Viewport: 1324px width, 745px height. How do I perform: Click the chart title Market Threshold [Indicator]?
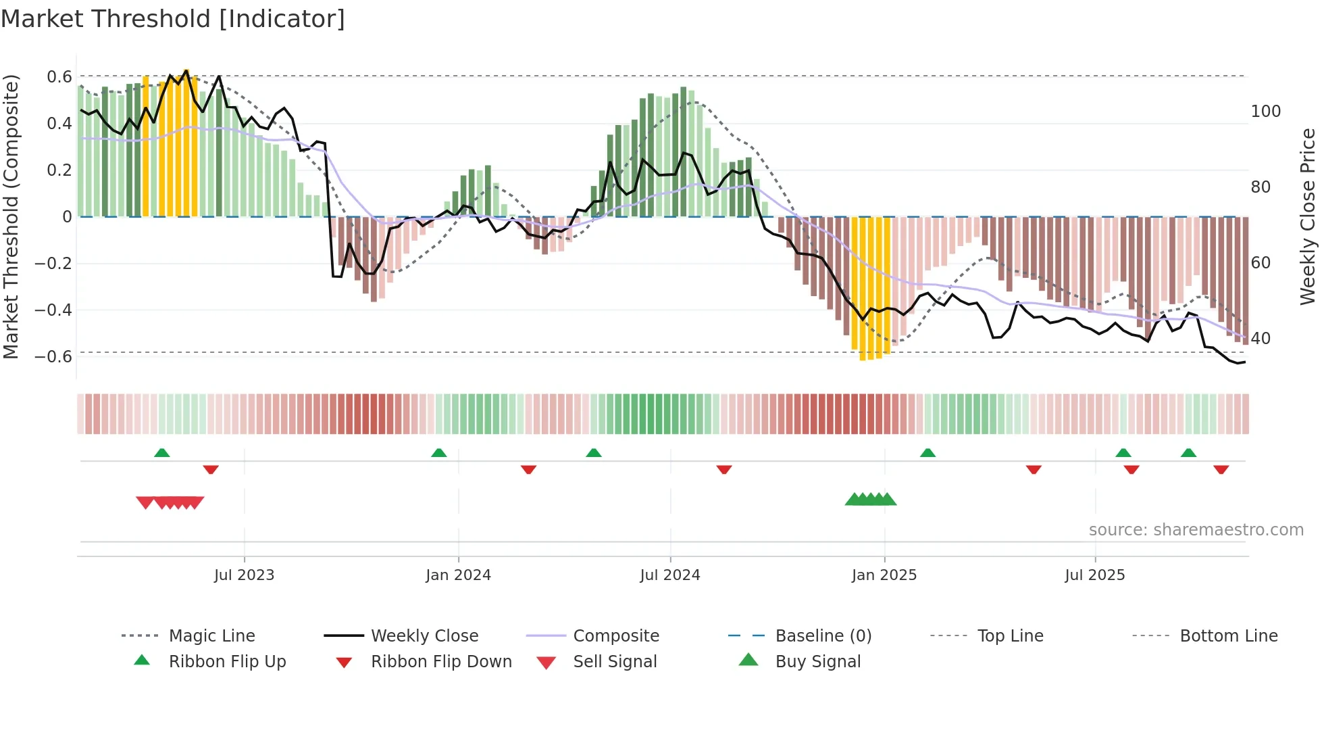(x=173, y=19)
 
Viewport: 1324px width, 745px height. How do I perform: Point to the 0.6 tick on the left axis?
(x=59, y=77)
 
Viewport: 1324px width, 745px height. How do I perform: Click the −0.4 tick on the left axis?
(x=53, y=310)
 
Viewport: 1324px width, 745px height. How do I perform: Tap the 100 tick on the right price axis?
(x=1265, y=112)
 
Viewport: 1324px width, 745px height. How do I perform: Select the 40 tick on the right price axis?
(x=1260, y=339)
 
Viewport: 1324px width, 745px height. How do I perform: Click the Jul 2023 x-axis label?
(x=244, y=575)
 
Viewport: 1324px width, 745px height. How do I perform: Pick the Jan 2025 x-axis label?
(x=884, y=575)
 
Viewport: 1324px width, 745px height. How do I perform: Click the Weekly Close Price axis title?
(x=1308, y=216)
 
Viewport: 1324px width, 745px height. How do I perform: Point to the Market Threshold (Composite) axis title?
(x=11, y=216)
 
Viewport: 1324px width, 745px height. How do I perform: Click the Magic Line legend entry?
(x=211, y=636)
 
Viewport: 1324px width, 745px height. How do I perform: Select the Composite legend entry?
(x=615, y=636)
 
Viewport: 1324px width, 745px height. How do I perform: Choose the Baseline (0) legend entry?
(x=823, y=636)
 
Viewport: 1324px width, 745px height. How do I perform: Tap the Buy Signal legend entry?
(x=817, y=662)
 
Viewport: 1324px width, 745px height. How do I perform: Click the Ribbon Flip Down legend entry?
(x=440, y=662)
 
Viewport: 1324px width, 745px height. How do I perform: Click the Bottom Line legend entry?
(x=1228, y=636)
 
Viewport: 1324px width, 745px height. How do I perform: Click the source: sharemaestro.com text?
(x=1196, y=530)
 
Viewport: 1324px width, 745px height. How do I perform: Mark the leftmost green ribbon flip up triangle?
(x=161, y=453)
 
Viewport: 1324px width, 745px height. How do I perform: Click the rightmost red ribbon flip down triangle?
(x=1221, y=469)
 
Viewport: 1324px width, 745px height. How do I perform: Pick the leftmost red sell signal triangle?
(x=145, y=502)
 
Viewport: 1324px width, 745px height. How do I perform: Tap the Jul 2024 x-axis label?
(x=669, y=575)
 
